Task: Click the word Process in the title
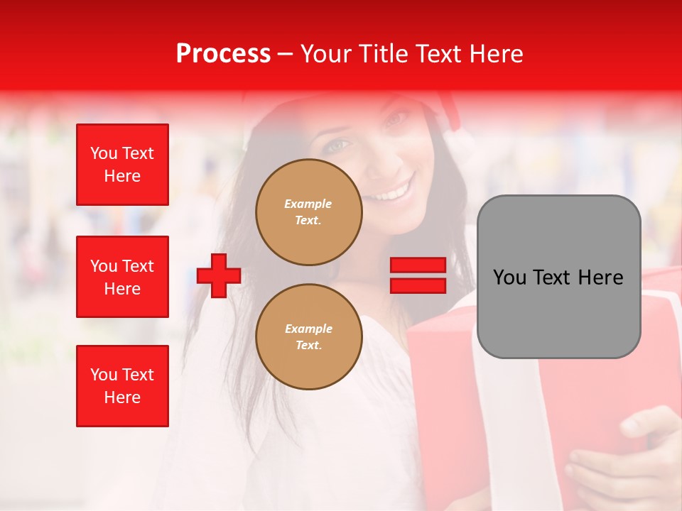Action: click(223, 54)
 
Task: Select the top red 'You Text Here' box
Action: click(122, 165)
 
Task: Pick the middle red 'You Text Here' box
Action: click(122, 277)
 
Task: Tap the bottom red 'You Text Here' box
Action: click(122, 386)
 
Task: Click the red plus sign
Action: click(219, 275)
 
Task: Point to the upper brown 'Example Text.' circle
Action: click(308, 211)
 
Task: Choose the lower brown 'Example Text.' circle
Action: click(308, 336)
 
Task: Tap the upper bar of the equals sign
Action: click(418, 265)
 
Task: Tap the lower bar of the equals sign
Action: click(418, 285)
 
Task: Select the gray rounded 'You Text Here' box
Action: click(558, 277)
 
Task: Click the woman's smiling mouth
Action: click(392, 192)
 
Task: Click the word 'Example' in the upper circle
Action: click(308, 204)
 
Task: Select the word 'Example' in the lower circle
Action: click(308, 329)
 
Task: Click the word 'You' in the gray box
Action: click(510, 278)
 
